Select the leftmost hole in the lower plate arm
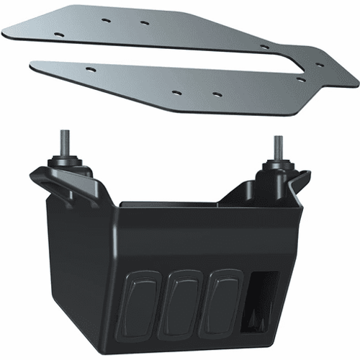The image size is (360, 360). click(x=89, y=68)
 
